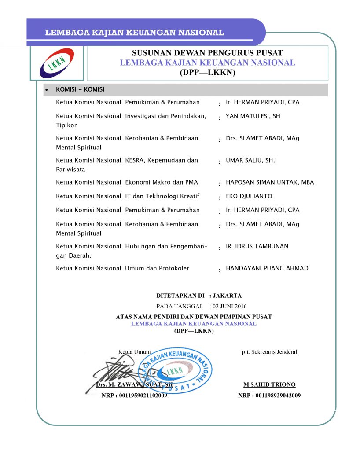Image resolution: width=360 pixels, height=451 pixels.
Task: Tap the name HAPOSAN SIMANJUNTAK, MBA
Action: click(270, 182)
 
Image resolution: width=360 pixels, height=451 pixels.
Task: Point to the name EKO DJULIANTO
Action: click(249, 196)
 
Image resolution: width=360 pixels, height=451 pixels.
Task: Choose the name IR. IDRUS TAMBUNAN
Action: click(257, 246)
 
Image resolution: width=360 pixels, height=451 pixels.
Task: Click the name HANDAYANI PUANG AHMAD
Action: click(267, 268)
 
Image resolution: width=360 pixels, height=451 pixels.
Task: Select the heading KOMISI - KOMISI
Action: click(80, 89)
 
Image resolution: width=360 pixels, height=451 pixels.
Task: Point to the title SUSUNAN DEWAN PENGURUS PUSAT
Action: click(207, 54)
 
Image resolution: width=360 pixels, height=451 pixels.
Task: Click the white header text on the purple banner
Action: click(134, 33)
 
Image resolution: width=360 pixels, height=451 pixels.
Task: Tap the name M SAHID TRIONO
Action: click(269, 384)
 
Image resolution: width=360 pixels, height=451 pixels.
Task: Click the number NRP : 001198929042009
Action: click(269, 396)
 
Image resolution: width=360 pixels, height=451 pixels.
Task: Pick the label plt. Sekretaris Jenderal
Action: click(269, 351)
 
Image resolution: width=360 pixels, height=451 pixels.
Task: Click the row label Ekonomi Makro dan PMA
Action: click(162, 182)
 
